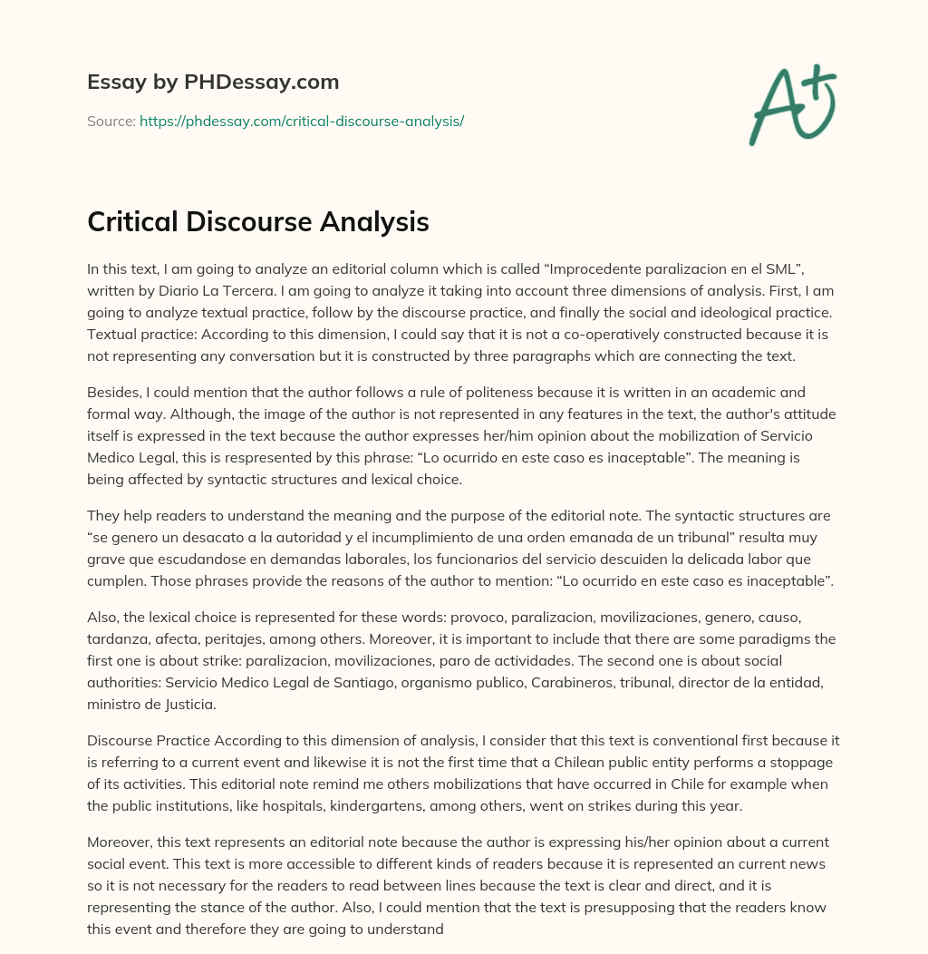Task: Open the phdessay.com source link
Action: click(301, 121)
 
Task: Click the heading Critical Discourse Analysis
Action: click(257, 222)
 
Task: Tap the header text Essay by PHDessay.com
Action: click(213, 82)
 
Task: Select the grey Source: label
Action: click(111, 121)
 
